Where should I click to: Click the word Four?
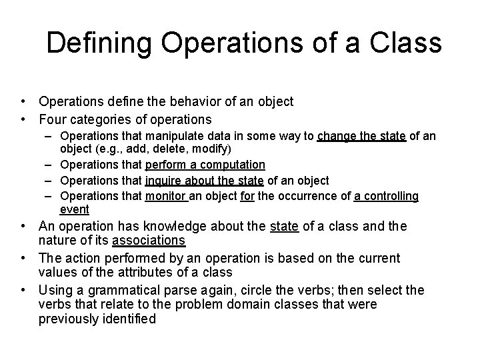(x=53, y=120)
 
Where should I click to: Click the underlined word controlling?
(x=394, y=196)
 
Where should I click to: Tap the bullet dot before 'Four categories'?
(x=23, y=120)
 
